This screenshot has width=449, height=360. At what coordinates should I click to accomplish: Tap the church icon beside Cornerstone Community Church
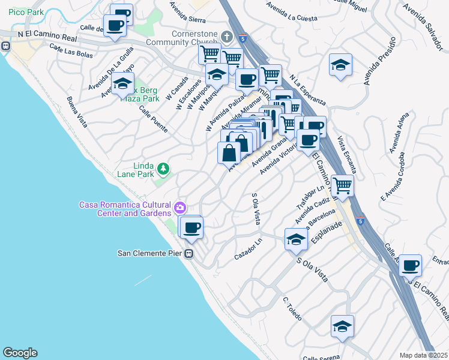(x=227, y=36)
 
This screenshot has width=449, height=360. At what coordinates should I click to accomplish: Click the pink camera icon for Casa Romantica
(x=179, y=208)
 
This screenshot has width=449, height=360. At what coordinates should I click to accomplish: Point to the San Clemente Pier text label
(x=149, y=254)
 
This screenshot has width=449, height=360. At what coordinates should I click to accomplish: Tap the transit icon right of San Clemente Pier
(x=188, y=254)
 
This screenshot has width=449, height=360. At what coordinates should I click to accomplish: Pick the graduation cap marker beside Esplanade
(x=295, y=239)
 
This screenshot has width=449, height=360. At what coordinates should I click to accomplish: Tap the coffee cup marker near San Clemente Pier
(x=192, y=227)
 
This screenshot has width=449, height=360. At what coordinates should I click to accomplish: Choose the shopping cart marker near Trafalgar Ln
(x=342, y=187)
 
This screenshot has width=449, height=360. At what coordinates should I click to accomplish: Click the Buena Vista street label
(x=77, y=112)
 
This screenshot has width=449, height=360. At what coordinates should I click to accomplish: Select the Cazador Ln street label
(x=249, y=250)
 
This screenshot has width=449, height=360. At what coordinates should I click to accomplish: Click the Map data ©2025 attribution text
(x=424, y=355)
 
